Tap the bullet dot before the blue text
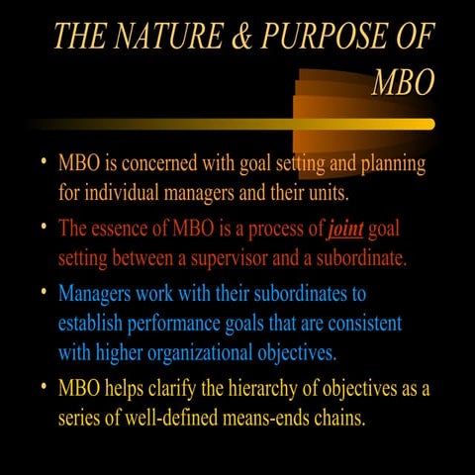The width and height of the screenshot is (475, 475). tap(44, 294)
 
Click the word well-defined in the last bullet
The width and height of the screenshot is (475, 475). tap(168, 417)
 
